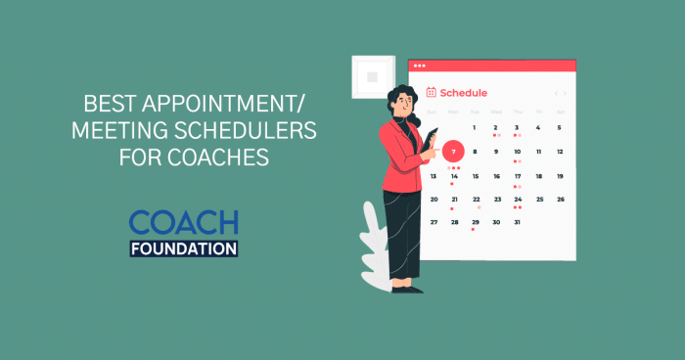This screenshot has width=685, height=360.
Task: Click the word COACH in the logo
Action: coord(184,222)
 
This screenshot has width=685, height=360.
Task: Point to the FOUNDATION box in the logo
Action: coord(184,247)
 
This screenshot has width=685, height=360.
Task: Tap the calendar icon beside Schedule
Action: coord(431,93)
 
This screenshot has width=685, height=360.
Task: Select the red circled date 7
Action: coord(453,152)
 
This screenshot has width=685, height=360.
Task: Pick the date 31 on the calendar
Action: coord(518,222)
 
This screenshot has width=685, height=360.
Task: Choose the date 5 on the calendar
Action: coord(560,127)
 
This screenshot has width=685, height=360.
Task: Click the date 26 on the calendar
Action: coord(561,199)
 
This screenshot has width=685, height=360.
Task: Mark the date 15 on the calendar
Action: coord(476,176)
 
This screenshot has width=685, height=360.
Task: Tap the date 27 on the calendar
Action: coord(433,222)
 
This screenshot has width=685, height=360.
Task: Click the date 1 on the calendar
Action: coord(475,127)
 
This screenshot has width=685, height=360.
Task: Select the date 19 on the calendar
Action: coord(560,176)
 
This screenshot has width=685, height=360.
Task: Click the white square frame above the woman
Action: coord(372,75)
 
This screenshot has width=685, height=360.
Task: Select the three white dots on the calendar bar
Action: coord(420,66)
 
